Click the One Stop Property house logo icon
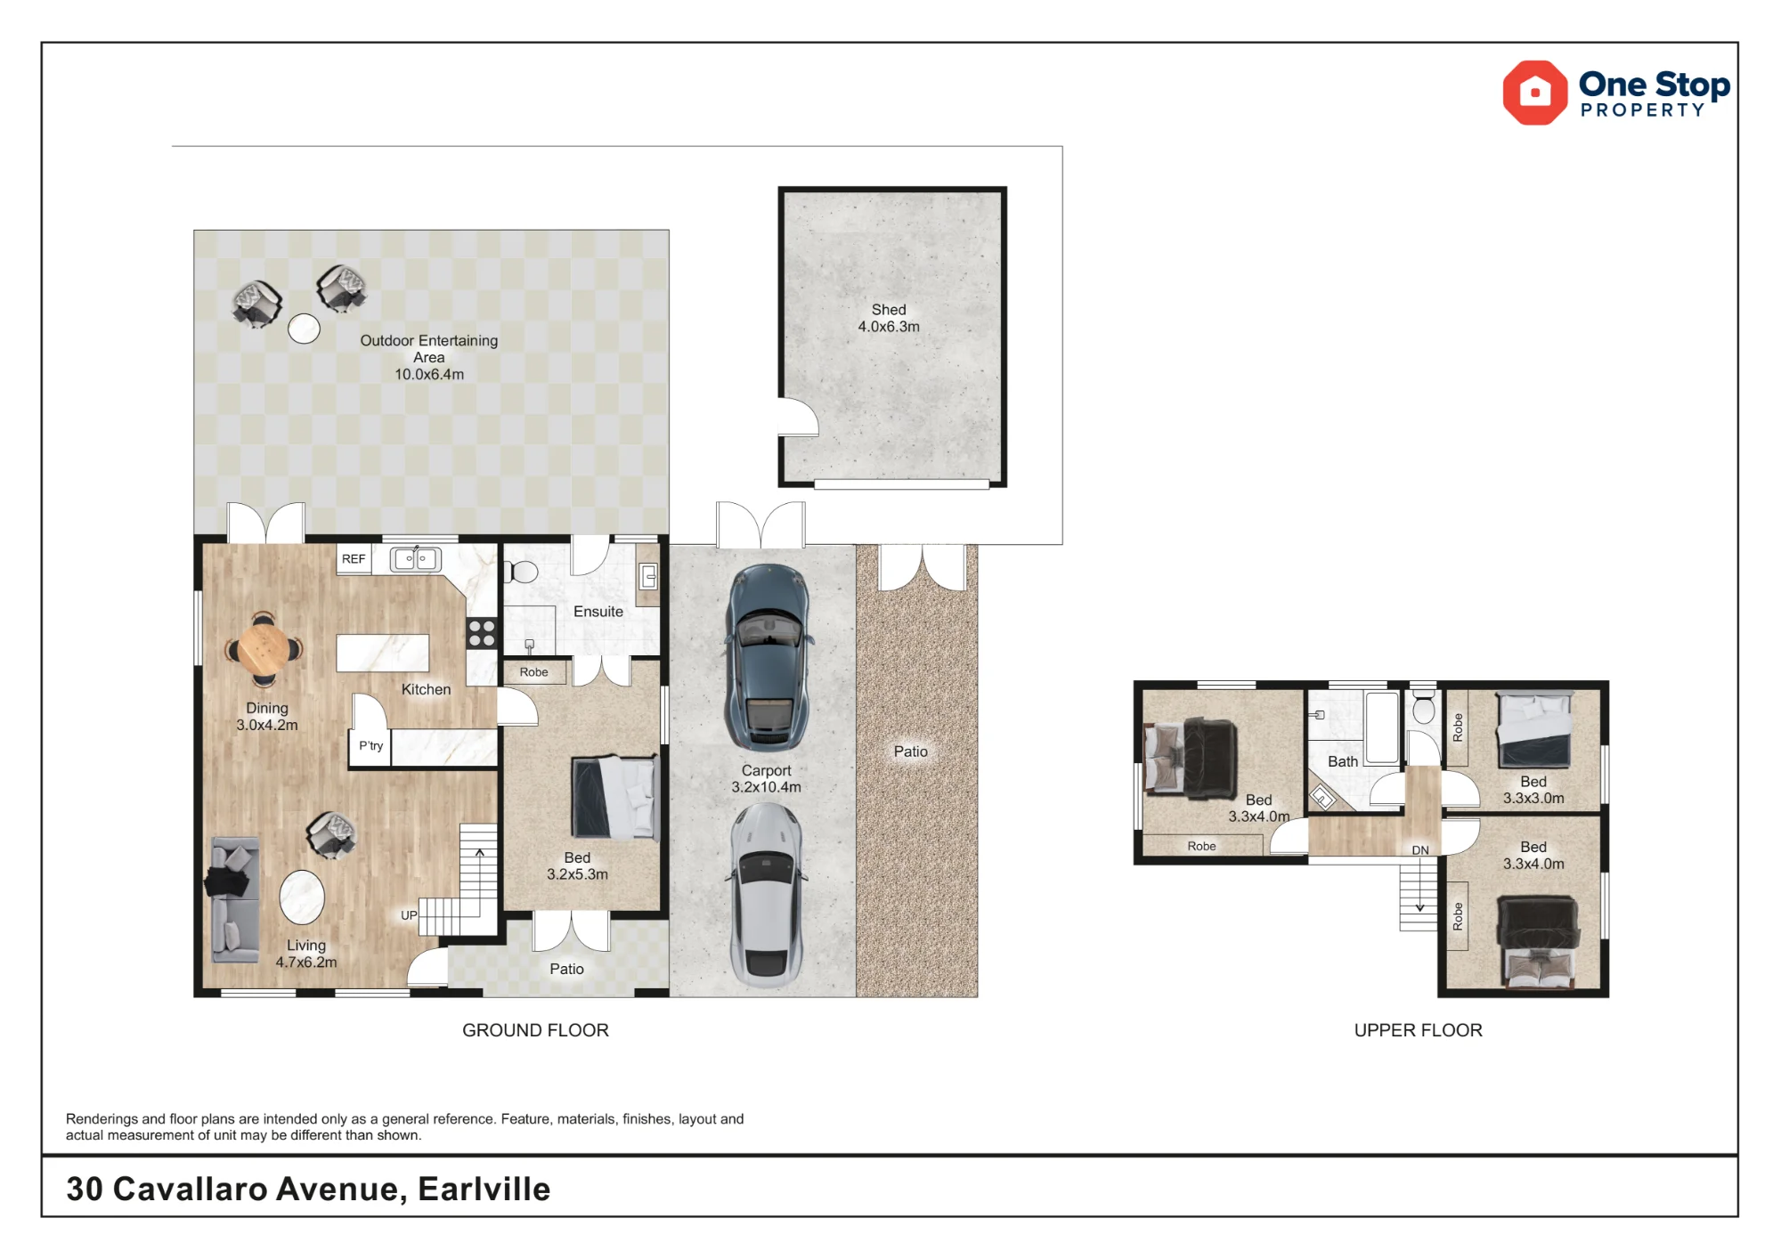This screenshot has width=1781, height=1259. (1534, 93)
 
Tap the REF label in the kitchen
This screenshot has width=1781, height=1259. (354, 559)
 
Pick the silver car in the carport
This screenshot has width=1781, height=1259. (767, 895)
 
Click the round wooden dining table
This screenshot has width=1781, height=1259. (264, 649)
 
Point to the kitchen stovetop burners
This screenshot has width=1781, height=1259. (482, 633)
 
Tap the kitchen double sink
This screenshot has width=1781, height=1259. (416, 559)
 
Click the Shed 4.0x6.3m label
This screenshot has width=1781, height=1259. (889, 318)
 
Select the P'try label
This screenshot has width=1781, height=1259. (370, 746)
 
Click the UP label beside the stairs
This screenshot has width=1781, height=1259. (409, 915)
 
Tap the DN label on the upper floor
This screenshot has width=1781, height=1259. (1420, 850)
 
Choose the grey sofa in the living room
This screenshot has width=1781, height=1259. (235, 899)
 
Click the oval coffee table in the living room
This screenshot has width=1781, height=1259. (302, 898)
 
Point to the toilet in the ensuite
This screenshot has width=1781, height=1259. (522, 571)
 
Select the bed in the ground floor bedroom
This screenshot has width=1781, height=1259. (614, 798)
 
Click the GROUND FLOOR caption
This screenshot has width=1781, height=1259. (535, 1030)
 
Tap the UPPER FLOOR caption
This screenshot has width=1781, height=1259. (1418, 1030)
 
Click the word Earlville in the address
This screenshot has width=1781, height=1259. (484, 1190)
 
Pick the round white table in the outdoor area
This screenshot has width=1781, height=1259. (304, 329)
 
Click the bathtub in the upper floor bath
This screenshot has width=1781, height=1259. (1382, 728)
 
